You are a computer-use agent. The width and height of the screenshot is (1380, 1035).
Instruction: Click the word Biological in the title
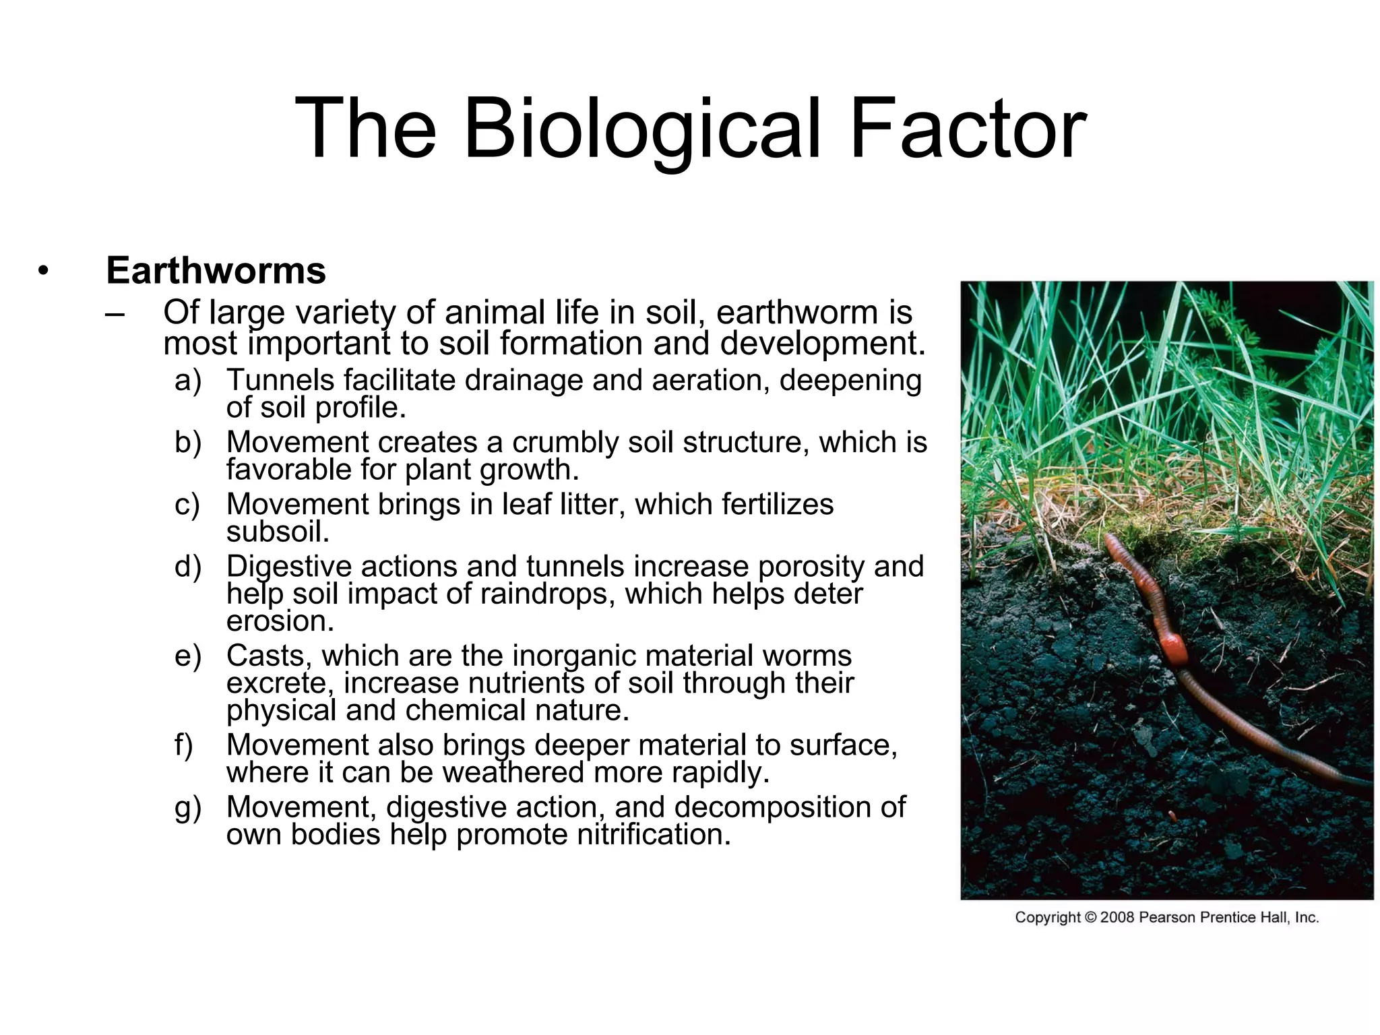pyautogui.click(x=642, y=129)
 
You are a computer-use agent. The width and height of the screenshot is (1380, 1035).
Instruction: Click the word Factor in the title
pyautogui.click(x=968, y=129)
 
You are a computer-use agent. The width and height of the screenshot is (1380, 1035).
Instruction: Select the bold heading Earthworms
pyautogui.click(x=216, y=271)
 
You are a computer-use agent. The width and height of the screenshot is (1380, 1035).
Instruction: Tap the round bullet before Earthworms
pyautogui.click(x=44, y=272)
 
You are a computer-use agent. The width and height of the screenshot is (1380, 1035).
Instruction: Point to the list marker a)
pyautogui.click(x=187, y=381)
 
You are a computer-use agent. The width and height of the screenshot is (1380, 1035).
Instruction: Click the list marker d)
pyautogui.click(x=187, y=567)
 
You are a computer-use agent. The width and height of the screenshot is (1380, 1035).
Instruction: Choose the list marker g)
pyautogui.click(x=187, y=808)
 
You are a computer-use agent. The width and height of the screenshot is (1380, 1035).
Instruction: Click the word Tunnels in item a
pyautogui.click(x=280, y=380)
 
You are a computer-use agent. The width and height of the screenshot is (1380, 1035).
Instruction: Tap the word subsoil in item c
pyautogui.click(x=278, y=532)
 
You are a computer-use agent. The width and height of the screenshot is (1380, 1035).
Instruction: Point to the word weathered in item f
pyautogui.click(x=513, y=772)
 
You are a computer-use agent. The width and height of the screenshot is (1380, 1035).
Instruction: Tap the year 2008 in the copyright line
pyautogui.click(x=1117, y=918)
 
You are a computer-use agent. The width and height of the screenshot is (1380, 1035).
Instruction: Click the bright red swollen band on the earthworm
pyautogui.click(x=1173, y=649)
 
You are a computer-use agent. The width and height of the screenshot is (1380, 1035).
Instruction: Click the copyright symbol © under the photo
pyautogui.click(x=1090, y=918)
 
